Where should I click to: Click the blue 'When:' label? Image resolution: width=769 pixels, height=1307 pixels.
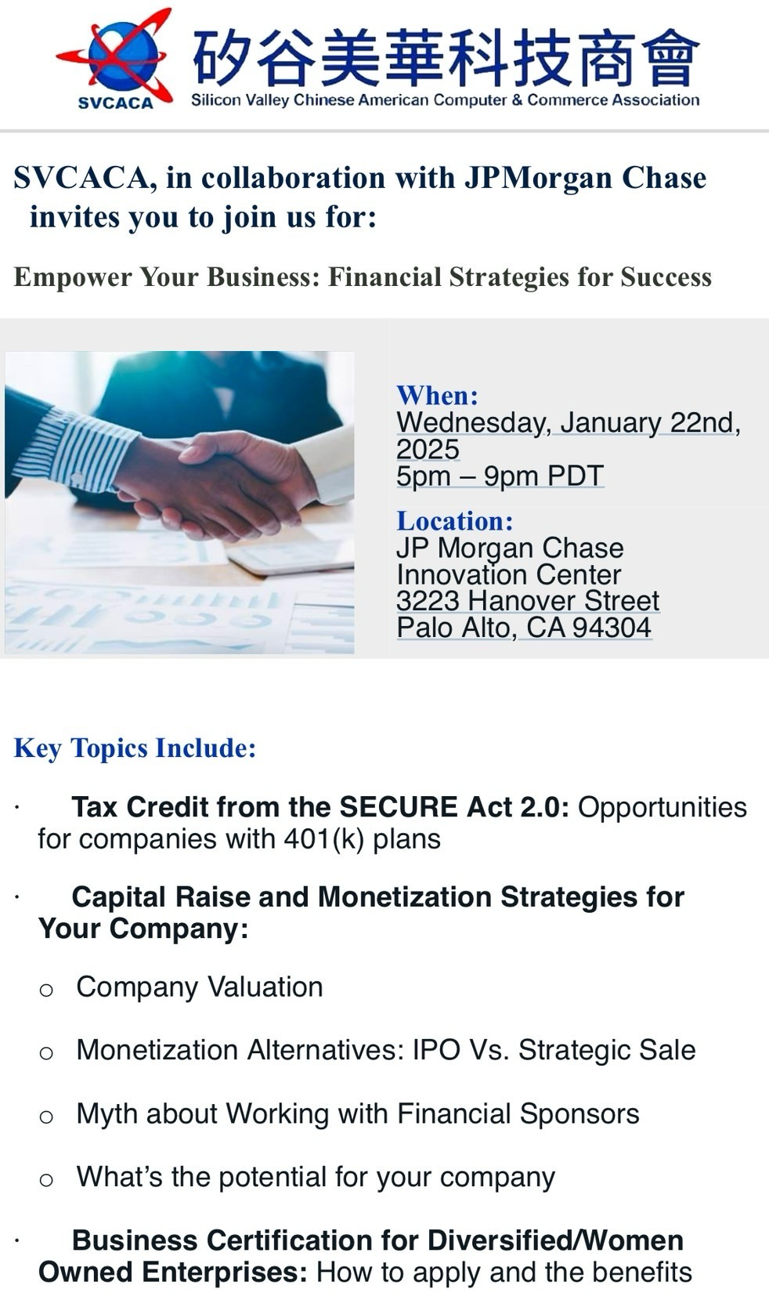coord(437,396)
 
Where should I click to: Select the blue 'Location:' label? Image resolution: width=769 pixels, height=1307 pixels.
coord(455,521)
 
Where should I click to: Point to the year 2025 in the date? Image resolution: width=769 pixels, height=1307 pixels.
coord(428,449)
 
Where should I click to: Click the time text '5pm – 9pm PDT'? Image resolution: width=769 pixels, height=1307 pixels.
coord(500,476)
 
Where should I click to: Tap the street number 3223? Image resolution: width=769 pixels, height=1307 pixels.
coord(428,601)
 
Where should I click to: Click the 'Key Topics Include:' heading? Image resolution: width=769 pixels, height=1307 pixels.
coord(135,748)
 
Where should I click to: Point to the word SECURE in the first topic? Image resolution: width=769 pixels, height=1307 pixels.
coord(399,808)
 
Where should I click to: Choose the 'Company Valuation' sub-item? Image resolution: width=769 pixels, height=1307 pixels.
coord(200,987)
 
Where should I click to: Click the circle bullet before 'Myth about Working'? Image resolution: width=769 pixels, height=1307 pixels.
coord(46,1117)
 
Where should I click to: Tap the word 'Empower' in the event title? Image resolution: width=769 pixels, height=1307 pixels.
coord(73,277)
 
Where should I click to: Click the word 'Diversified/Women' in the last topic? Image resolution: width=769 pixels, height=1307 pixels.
coord(555,1240)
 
